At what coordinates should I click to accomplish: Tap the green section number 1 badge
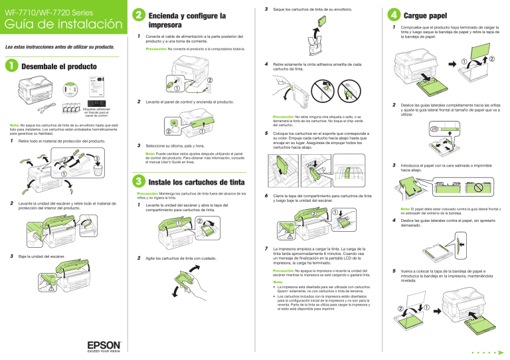(9, 67)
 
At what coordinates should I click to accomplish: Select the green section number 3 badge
(136, 181)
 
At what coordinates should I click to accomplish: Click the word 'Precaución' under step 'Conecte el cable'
(157, 49)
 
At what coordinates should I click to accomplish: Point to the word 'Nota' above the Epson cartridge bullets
(277, 281)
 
